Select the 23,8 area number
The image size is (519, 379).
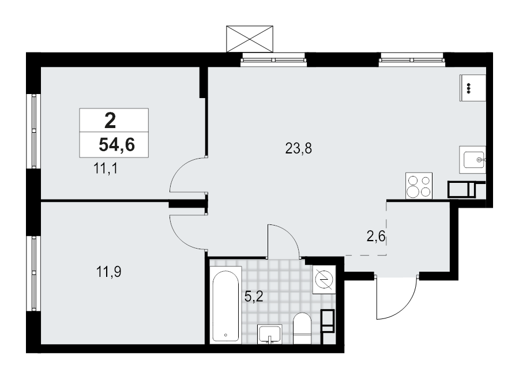click(x=299, y=149)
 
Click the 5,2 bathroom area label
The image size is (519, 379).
click(x=255, y=297)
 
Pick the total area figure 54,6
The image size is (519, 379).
click(x=116, y=145)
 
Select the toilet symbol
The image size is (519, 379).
click(x=302, y=328)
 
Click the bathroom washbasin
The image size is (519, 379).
click(x=270, y=334)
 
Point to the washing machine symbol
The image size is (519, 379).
click(x=323, y=280)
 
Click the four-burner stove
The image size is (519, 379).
click(x=419, y=186)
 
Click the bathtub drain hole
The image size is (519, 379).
click(x=225, y=335)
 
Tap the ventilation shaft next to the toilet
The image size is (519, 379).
click(x=328, y=321)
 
